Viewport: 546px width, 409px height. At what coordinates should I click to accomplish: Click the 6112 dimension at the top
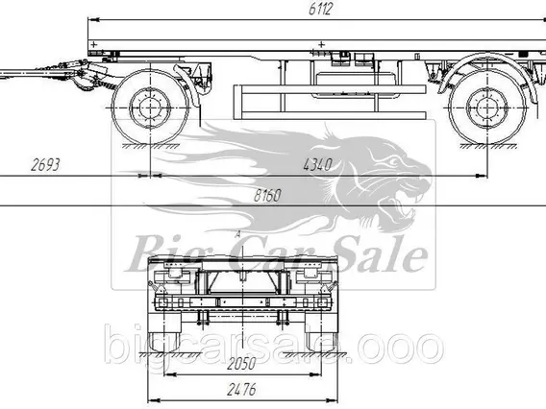click(x=320, y=9)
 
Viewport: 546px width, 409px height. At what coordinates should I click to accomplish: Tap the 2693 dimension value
click(x=45, y=164)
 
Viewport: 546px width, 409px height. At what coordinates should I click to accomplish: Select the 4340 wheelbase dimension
click(x=317, y=164)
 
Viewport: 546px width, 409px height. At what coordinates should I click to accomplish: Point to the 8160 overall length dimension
click(x=267, y=196)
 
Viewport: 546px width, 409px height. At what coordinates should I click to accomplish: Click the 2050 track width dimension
click(x=241, y=364)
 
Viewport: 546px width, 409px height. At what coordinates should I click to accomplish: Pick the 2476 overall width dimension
click(x=241, y=390)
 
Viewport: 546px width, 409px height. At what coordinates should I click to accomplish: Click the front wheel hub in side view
click(x=150, y=108)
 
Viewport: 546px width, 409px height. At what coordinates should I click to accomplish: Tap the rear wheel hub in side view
click(x=486, y=108)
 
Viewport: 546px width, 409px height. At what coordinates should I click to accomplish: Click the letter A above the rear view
click(x=237, y=234)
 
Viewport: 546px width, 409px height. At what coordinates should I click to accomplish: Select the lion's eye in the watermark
click(x=394, y=162)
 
